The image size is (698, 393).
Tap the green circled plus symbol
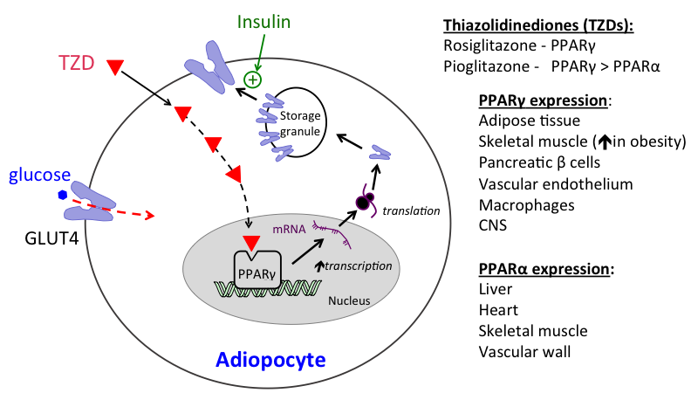tap(252, 79)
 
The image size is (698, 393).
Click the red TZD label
tap(77, 65)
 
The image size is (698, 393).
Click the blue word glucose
tap(39, 176)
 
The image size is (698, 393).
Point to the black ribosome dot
tap(362, 203)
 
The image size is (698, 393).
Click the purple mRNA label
tap(288, 229)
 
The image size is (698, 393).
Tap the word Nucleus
tap(350, 301)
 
